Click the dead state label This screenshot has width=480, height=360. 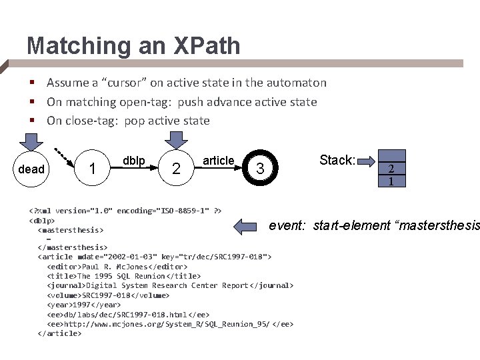tap(31, 169)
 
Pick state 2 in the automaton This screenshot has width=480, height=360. tap(176, 169)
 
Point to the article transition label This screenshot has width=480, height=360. tap(218, 161)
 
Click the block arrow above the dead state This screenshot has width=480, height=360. tap(31, 142)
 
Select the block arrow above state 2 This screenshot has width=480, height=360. tap(176, 141)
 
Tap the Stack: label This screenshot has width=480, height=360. tap(337, 160)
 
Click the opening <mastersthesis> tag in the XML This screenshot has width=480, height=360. tap(71, 229)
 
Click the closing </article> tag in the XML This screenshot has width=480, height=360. tap(60, 333)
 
